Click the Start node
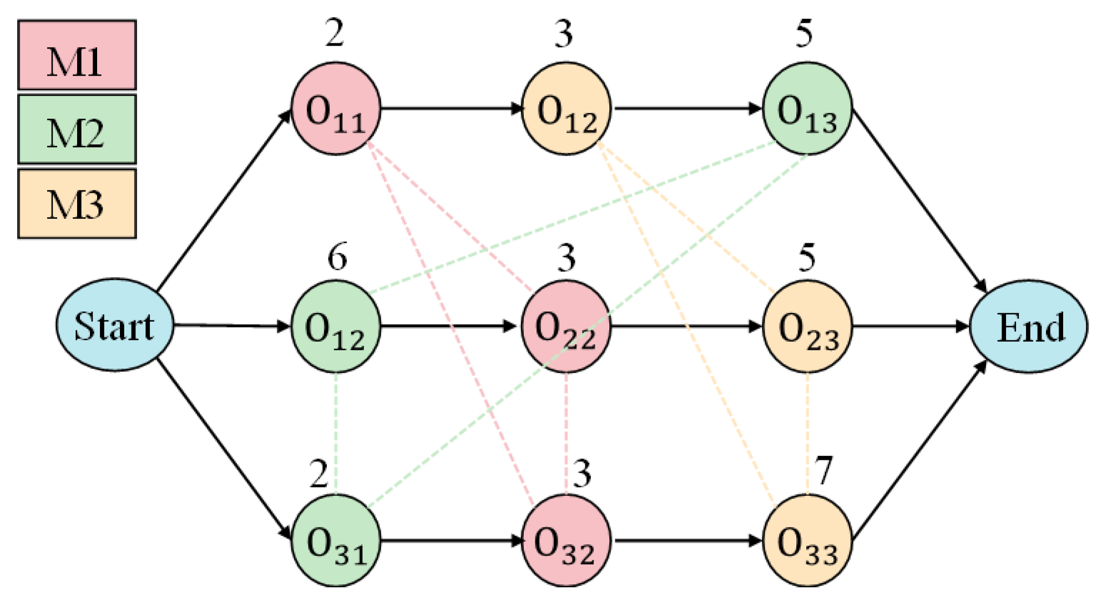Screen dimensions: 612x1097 114,325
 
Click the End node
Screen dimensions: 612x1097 1028,326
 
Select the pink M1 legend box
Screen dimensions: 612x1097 77,55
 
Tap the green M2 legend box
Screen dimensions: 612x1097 77,129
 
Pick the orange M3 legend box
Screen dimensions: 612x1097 77,204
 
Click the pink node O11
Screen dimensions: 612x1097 336,109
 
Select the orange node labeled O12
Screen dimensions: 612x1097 567,109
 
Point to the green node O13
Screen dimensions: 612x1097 807,109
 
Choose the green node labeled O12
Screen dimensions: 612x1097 336,326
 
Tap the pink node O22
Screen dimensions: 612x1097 565,326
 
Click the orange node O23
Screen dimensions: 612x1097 807,326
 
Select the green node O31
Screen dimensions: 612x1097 336,540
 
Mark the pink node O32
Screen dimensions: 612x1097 565,540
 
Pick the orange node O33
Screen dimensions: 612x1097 807,540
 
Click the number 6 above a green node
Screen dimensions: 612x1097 337,257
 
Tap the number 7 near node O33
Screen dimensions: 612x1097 823,470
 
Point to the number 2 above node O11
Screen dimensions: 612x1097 335,33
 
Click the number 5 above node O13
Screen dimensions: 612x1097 804,33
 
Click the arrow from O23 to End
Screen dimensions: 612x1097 910,326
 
